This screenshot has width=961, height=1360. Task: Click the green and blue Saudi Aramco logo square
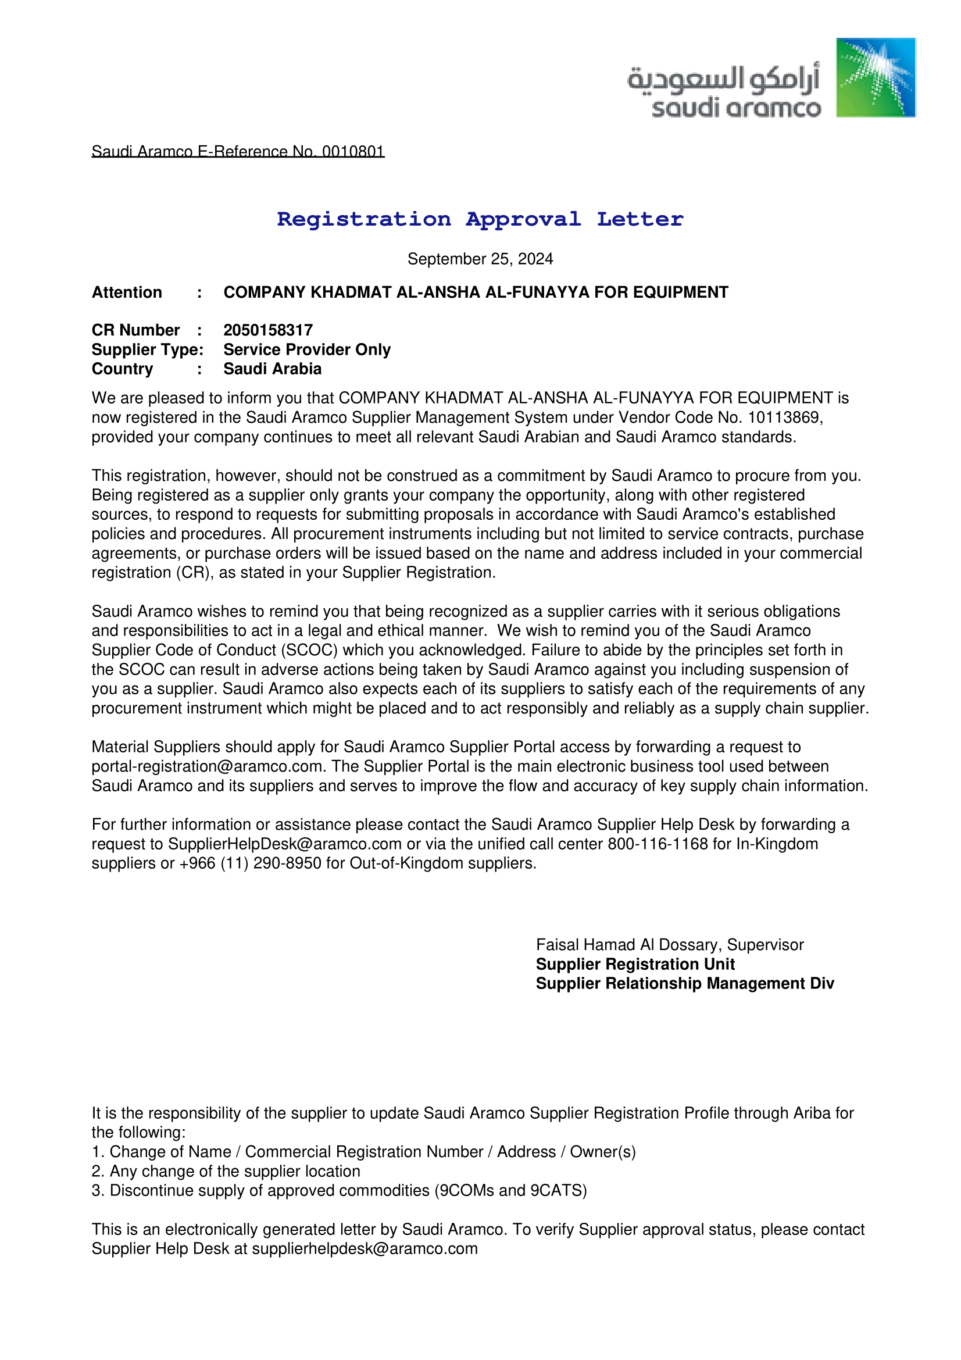click(x=875, y=77)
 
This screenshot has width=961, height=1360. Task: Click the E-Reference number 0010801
click(x=353, y=152)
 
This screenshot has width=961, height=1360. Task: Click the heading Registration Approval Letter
click(x=480, y=219)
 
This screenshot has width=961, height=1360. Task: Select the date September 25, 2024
click(x=480, y=259)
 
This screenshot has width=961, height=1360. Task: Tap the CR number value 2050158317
click(x=267, y=330)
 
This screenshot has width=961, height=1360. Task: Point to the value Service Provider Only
click(x=307, y=349)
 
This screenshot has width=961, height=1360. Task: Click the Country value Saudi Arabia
click(x=273, y=369)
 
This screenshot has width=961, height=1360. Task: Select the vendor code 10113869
click(x=783, y=417)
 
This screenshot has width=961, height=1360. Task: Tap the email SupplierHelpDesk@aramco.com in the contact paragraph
click(x=285, y=844)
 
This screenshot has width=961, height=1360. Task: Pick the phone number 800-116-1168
click(x=658, y=844)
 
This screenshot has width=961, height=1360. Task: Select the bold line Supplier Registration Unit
click(x=635, y=964)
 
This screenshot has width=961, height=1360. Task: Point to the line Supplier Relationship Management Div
click(x=684, y=984)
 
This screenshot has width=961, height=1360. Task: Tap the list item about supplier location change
click(x=226, y=1172)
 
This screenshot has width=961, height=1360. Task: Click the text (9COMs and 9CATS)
click(x=510, y=1191)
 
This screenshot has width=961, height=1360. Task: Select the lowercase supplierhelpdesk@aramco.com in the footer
click(x=364, y=1248)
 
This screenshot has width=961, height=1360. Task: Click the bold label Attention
click(x=127, y=292)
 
